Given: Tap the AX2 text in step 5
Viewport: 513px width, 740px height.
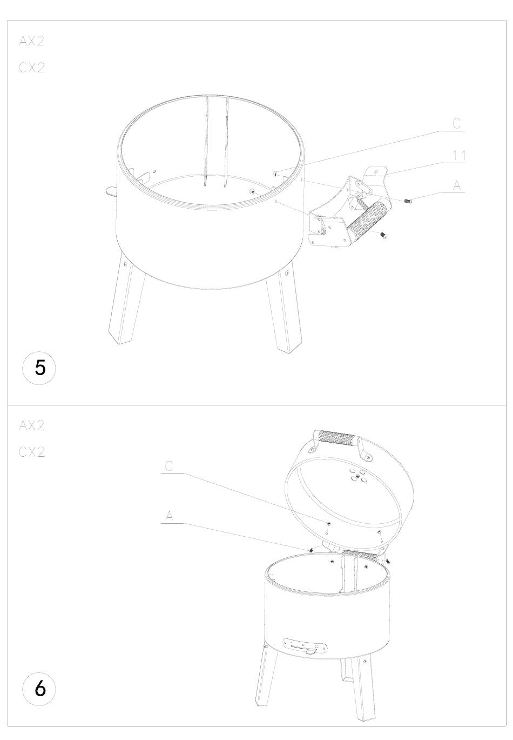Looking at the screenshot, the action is [32, 41].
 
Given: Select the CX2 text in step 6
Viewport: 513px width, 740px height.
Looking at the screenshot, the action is [32, 452].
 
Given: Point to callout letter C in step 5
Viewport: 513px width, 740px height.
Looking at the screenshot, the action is [456, 124].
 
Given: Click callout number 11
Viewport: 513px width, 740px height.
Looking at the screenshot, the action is [458, 156].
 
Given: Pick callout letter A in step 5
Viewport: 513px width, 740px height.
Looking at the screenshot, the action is [456, 185].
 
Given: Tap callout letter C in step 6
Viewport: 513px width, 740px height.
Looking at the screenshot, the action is [168, 466].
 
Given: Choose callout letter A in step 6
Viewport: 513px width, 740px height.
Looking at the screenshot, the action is [169, 515].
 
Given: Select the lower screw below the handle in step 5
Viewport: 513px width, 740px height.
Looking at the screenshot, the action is [383, 236].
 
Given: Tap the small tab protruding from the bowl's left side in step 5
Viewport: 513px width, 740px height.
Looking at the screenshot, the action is [112, 191].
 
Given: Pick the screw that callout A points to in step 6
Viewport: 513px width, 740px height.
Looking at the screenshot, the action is [310, 549].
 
